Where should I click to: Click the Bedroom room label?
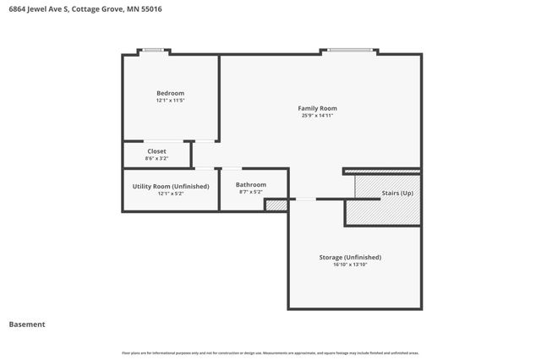point(170,93)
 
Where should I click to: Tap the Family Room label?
point(317,108)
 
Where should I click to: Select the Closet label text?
point(156,151)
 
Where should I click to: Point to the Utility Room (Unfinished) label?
point(170,186)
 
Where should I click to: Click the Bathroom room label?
point(251,184)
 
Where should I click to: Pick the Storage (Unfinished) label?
point(350,257)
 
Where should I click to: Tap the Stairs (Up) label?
point(397,194)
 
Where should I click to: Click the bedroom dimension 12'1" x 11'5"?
point(170,101)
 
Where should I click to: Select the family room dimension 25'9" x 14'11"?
point(317,116)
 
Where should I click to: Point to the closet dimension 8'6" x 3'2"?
point(156,159)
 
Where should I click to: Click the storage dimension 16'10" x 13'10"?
point(350,265)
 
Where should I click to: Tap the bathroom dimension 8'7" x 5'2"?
point(251,192)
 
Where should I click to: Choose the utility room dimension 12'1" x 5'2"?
point(170,194)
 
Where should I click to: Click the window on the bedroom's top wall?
point(153,51)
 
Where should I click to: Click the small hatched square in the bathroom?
point(276,205)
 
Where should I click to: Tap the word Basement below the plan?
point(27,324)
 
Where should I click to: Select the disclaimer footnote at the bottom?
point(270,352)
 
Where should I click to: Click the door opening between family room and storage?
point(304,199)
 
